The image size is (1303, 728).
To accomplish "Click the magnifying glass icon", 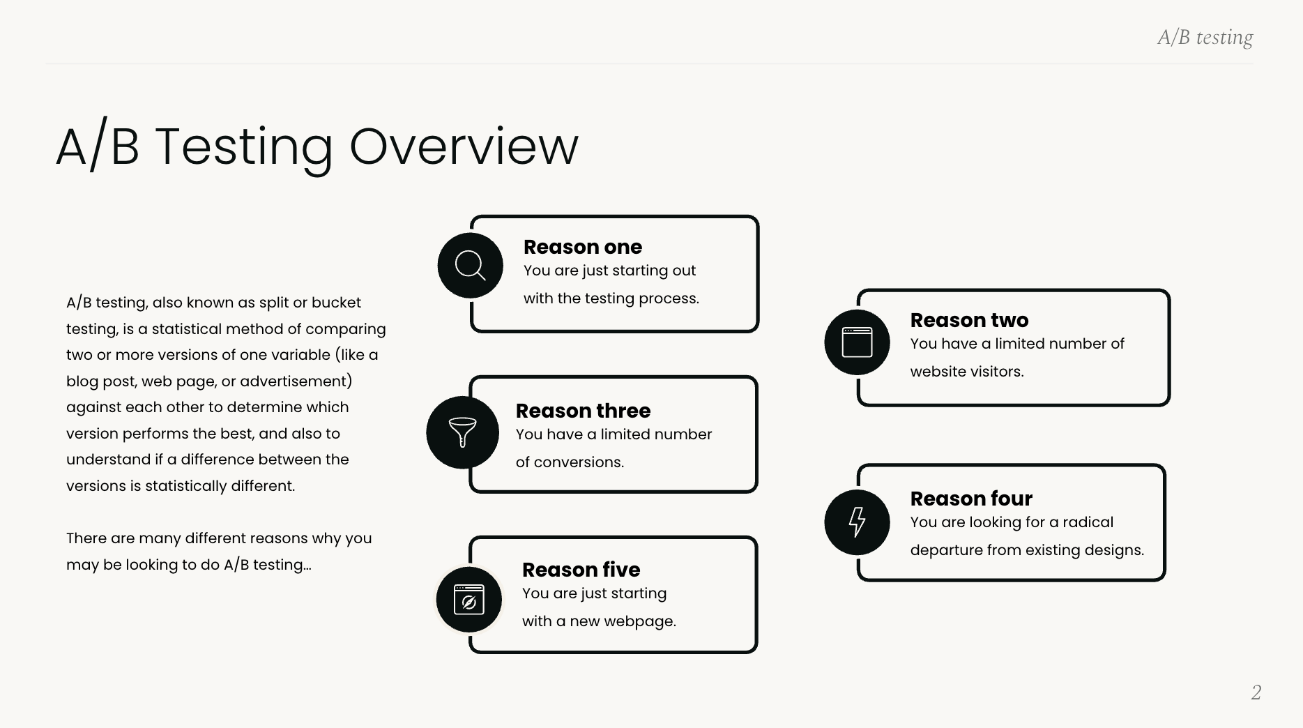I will click(470, 266).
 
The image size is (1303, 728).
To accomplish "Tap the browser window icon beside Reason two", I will click(857, 342).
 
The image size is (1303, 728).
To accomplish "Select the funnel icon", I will click(462, 432).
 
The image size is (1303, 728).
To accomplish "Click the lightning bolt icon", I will click(857, 522).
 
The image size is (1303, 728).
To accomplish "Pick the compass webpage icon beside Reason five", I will click(468, 600).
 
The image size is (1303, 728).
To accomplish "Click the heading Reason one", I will click(582, 247).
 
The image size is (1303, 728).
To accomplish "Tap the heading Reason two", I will click(969, 320).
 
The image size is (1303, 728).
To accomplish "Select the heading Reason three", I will click(583, 411).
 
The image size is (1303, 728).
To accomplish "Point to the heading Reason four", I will click(971, 499).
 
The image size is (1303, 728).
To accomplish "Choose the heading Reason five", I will click(581, 570).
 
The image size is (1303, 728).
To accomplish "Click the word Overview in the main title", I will click(464, 146).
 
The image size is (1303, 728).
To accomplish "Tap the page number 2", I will click(1256, 692).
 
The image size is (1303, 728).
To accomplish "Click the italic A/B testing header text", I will click(1205, 37).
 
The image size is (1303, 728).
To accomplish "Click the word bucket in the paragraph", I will click(336, 303).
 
